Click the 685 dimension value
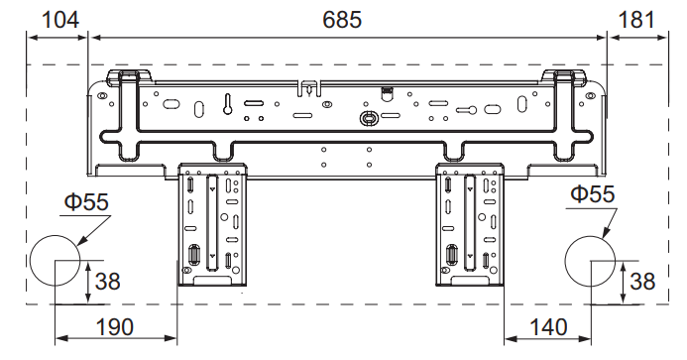342,20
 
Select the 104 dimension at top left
60,20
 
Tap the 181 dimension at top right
636,20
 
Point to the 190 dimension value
115,327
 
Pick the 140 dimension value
548,327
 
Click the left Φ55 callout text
86,202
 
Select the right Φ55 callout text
593,194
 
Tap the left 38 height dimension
107,281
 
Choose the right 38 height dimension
642,281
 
